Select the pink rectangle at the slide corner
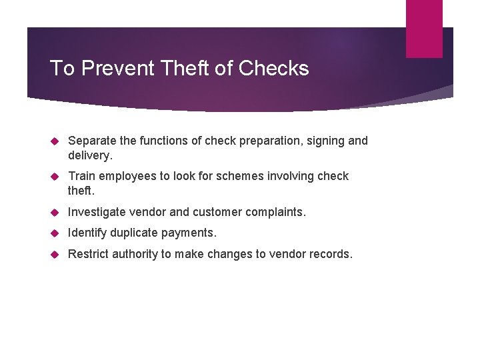click(x=424, y=29)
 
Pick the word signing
click(x=323, y=141)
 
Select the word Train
click(x=81, y=176)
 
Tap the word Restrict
click(x=89, y=253)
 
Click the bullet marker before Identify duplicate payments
click(x=56, y=233)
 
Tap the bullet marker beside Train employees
click(x=56, y=176)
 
